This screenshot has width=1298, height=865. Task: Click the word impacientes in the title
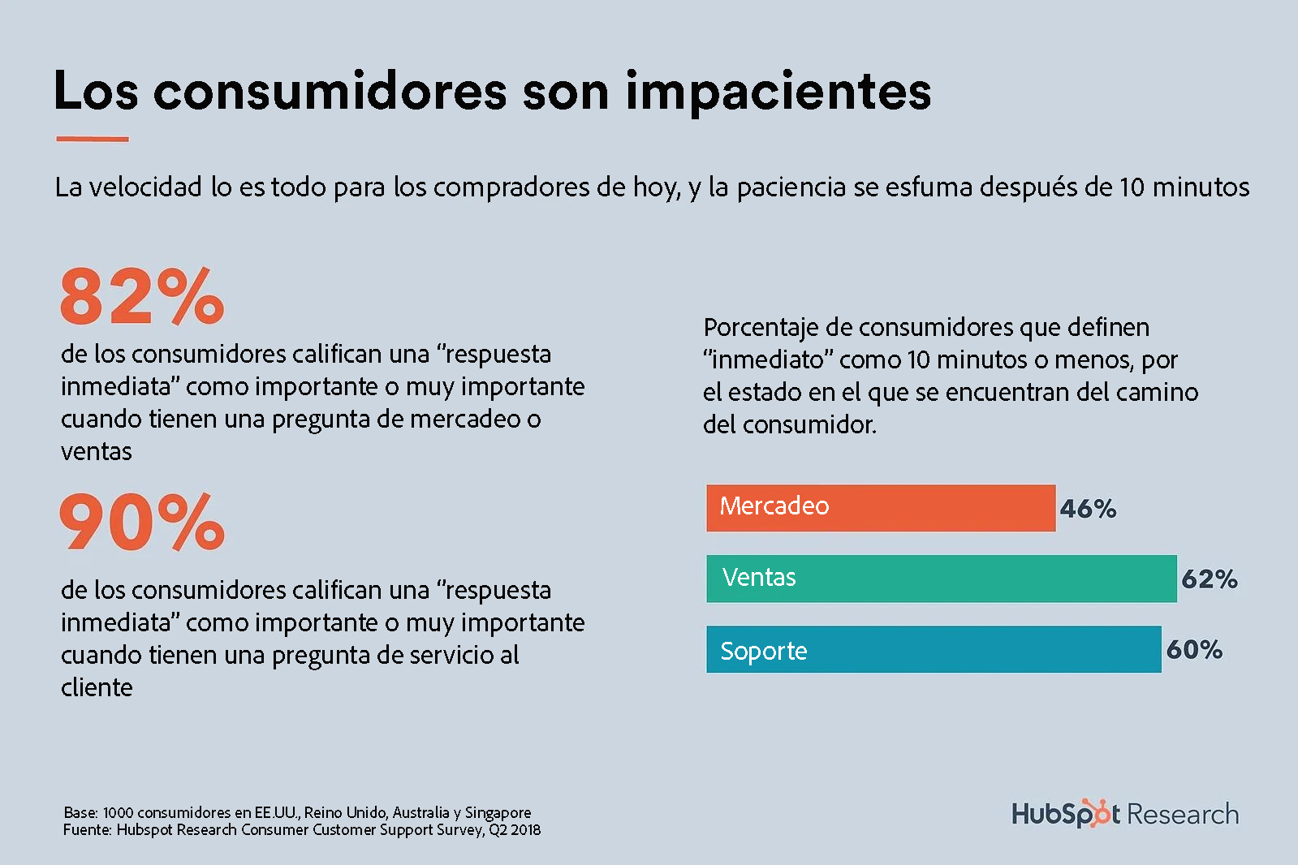pyautogui.click(x=778, y=91)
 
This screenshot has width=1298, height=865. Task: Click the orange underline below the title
pyautogui.click(x=92, y=139)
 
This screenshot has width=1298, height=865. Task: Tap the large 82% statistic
pyautogui.click(x=142, y=296)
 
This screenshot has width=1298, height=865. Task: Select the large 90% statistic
pyautogui.click(x=142, y=523)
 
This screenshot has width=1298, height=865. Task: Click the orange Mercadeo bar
pyautogui.click(x=934, y=509)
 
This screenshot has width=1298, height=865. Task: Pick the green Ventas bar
pyautogui.click(x=974, y=579)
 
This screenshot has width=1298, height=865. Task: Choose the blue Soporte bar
pyautogui.click(x=974, y=649)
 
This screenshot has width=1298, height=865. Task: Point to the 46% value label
pyautogui.click(x=1088, y=509)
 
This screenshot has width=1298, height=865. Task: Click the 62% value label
pyautogui.click(x=1209, y=579)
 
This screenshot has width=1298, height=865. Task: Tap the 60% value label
pyautogui.click(x=1194, y=649)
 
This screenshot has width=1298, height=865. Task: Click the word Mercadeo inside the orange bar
pyautogui.click(x=774, y=506)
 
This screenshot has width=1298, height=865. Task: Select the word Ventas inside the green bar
pyautogui.click(x=759, y=577)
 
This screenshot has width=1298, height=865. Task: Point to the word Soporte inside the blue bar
pyautogui.click(x=763, y=651)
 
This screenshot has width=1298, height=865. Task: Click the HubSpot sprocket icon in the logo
pyautogui.click(x=1100, y=812)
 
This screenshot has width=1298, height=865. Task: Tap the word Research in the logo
pyautogui.click(x=1183, y=814)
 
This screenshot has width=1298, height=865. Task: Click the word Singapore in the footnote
pyautogui.click(x=498, y=812)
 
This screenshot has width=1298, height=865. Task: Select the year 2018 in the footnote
pyautogui.click(x=525, y=829)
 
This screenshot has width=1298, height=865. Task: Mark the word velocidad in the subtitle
pyautogui.click(x=145, y=187)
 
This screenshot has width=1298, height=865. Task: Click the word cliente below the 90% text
pyautogui.click(x=97, y=687)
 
